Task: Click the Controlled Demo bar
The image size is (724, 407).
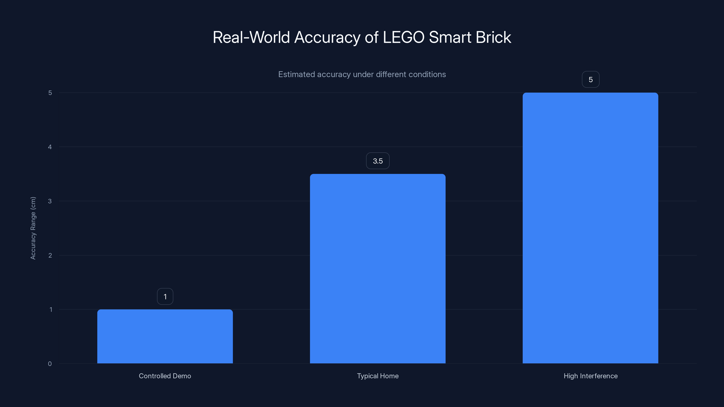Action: point(165,336)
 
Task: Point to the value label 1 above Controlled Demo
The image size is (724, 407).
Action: point(165,297)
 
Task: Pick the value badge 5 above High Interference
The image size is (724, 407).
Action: point(591,80)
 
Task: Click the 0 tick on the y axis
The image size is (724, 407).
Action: point(50,364)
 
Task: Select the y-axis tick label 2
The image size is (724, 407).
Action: point(50,255)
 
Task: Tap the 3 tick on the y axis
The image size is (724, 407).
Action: point(50,201)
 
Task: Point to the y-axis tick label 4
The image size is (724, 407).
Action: point(50,147)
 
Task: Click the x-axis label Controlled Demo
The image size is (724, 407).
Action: point(165,376)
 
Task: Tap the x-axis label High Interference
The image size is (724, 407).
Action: point(591,376)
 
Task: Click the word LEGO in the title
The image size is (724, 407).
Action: point(404,37)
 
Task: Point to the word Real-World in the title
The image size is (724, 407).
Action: point(251,37)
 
